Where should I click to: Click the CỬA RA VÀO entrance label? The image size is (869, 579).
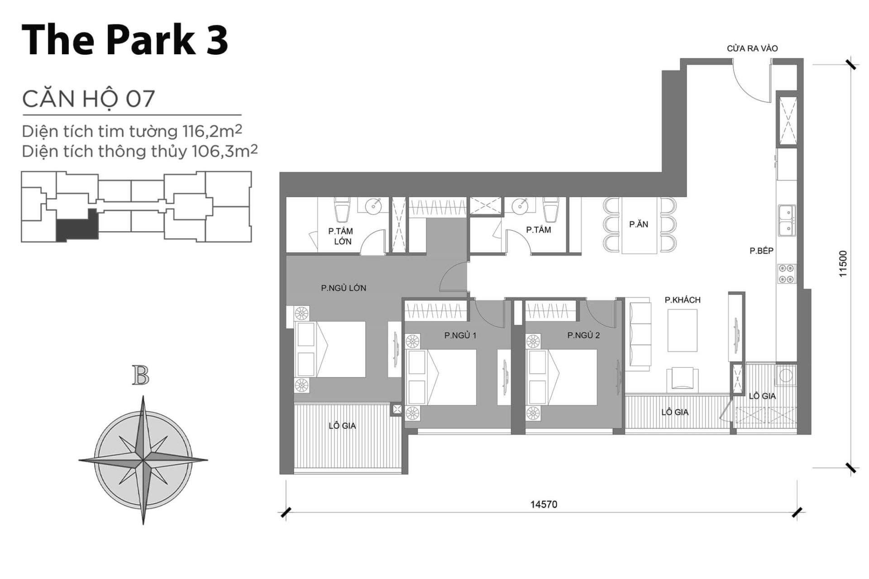click(x=752, y=48)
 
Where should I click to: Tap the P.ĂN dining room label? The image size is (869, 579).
click(x=638, y=224)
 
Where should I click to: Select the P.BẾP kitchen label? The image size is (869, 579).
click(x=761, y=251)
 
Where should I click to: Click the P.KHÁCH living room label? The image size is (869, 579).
click(x=682, y=300)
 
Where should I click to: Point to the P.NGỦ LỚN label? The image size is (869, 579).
click(x=344, y=288)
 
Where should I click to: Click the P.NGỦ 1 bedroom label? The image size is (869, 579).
click(x=460, y=336)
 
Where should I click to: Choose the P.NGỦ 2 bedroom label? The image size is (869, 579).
click(x=583, y=336)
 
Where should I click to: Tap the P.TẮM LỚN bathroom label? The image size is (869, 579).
click(x=341, y=236)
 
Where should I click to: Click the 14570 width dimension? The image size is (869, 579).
click(x=544, y=504)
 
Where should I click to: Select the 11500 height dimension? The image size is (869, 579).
click(x=842, y=264)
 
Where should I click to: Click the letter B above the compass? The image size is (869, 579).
click(x=141, y=376)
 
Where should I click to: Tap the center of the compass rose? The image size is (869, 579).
click(x=143, y=461)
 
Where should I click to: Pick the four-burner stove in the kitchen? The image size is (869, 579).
click(x=787, y=274)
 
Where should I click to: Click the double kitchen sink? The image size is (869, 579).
click(x=787, y=220)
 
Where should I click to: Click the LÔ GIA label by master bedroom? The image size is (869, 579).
click(x=342, y=426)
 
